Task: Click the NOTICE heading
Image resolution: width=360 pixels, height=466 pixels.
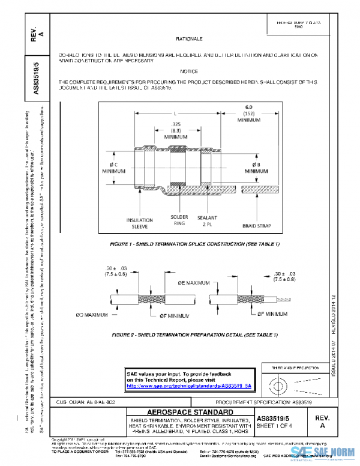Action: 188,71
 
